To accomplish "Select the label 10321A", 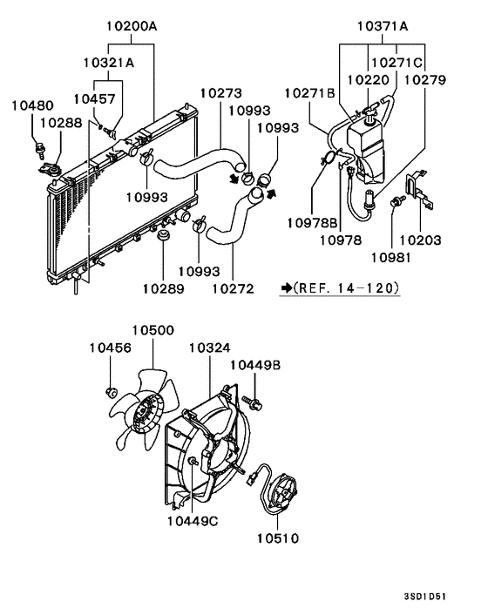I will pyautogui.click(x=109, y=63).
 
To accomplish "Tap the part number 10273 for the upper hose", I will pyautogui.click(x=220, y=93).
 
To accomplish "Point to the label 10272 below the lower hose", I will pyautogui.click(x=232, y=287).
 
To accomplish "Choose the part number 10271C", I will pyautogui.click(x=397, y=63).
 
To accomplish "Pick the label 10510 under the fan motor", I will pyautogui.click(x=277, y=537).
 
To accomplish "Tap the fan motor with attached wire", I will pyautogui.click(x=281, y=494).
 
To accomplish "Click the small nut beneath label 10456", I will pyautogui.click(x=112, y=389).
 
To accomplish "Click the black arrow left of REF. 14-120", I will pyautogui.click(x=286, y=287).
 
